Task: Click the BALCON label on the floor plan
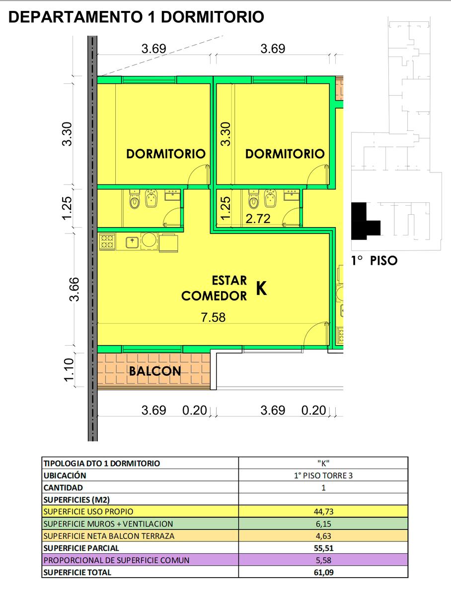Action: [155, 371]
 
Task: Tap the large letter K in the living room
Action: [261, 288]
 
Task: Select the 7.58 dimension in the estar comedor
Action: [213, 317]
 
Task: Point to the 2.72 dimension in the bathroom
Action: [258, 219]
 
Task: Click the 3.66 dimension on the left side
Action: [74, 289]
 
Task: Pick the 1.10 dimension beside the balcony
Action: [69, 370]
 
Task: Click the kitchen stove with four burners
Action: [107, 242]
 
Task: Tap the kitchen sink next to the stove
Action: [132, 242]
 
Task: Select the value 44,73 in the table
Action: [323, 512]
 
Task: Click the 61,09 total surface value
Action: [323, 572]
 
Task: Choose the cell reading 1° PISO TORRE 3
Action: [323, 476]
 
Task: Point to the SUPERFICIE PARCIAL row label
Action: [81, 548]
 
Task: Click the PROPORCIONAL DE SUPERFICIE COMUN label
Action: [117, 560]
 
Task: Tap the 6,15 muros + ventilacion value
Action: [323, 524]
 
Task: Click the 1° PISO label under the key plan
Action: [375, 260]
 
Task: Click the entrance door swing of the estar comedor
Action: [315, 334]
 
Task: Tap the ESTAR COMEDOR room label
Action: [214, 288]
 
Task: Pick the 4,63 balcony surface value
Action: [323, 536]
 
